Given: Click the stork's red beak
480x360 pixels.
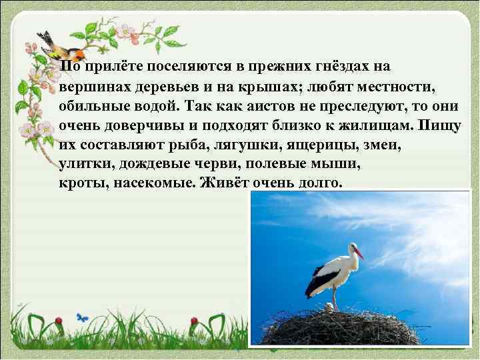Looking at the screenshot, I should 358,253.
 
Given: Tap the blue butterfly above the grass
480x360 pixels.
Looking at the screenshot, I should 81,317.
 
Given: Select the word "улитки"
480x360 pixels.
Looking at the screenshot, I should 83,163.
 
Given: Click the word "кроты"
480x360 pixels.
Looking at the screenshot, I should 80,182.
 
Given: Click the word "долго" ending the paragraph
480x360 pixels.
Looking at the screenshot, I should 317,182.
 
